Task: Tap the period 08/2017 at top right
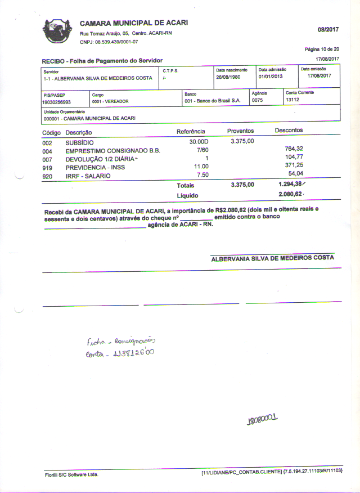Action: coord(328,29)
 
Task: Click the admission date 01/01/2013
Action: coord(271,77)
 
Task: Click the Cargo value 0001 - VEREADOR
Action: coord(110,102)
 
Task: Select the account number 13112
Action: coord(292,100)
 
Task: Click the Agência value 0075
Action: coord(258,100)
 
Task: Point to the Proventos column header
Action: coord(241,131)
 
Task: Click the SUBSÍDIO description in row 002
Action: coord(80,142)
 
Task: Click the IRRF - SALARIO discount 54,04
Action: coord(296,174)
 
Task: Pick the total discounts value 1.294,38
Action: coord(292,185)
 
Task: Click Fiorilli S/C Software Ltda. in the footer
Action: coord(71,475)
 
